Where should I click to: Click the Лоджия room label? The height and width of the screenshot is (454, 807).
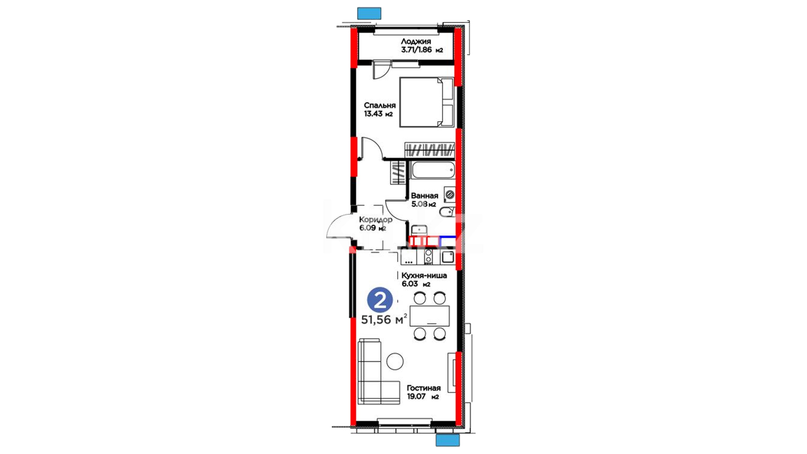tap(416, 41)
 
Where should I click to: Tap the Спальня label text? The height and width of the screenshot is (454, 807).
tap(380, 106)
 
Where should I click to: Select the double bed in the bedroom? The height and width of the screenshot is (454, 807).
tap(427, 102)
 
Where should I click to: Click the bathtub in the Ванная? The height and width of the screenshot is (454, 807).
tap(433, 171)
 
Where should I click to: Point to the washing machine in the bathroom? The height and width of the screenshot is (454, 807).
tap(449, 194)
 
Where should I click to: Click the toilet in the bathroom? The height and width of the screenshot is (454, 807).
tap(447, 211)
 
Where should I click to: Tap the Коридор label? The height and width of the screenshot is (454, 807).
tap(376, 219)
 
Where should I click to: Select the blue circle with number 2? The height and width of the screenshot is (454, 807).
tap(380, 300)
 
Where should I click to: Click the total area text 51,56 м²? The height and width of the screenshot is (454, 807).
tap(384, 319)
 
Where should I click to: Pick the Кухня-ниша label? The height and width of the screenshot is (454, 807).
tap(424, 275)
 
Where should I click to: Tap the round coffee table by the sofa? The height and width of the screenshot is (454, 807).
tap(395, 361)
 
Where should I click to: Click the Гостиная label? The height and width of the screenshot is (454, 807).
tap(424, 388)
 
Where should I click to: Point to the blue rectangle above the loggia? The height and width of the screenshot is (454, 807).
tap(369, 13)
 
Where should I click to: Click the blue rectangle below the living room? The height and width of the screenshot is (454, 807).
tap(448, 440)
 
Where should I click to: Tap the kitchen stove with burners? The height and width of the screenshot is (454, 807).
tap(428, 256)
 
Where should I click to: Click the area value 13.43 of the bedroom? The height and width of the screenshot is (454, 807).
tap(374, 113)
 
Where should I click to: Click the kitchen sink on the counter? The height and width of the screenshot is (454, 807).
tap(448, 256)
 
